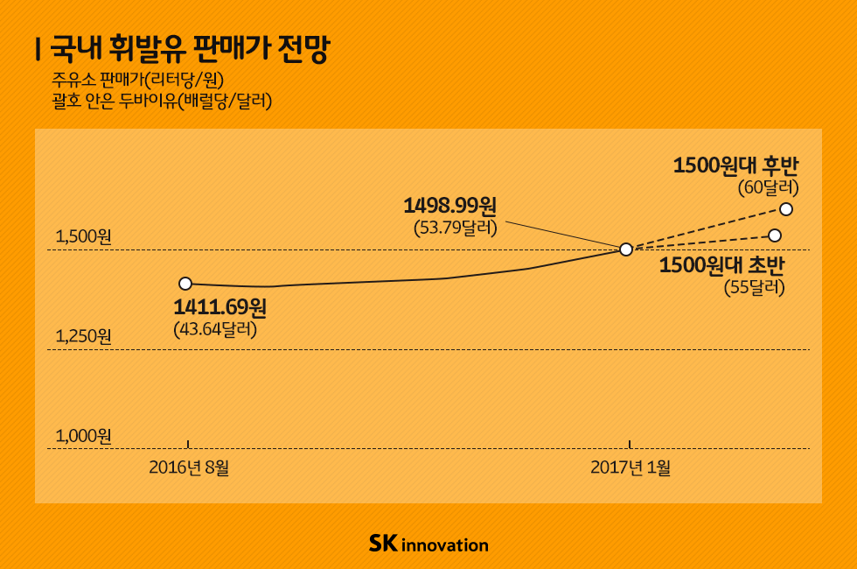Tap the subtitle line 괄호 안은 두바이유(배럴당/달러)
click(162, 102)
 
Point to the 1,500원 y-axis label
click(84, 237)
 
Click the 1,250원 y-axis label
click(84, 336)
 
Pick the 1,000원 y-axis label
click(84, 435)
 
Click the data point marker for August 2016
click(185, 284)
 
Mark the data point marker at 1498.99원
click(626, 249)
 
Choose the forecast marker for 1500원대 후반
click(785, 208)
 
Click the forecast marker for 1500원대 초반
click(775, 235)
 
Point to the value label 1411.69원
click(219, 308)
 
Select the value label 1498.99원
click(449, 207)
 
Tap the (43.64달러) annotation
click(215, 330)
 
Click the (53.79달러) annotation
click(455, 228)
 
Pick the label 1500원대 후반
click(735, 165)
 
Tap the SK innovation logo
click(428, 544)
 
